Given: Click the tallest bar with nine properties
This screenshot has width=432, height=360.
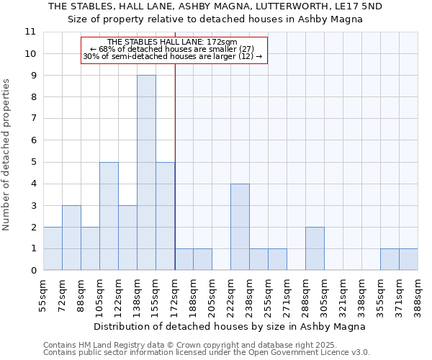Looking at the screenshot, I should (x=146, y=173).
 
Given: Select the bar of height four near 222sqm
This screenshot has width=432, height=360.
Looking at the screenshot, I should (x=240, y=227).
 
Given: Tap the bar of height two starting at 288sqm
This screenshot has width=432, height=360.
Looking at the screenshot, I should (x=315, y=248).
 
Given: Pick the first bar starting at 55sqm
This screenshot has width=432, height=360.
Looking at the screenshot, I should (x=53, y=248).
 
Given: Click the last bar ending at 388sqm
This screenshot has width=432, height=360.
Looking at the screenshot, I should (x=408, y=259).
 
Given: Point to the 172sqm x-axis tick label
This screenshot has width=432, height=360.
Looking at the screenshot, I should (x=175, y=294).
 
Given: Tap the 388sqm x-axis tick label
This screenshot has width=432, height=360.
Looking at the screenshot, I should (x=418, y=294).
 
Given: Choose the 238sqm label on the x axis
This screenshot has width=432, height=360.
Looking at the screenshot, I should (x=250, y=294).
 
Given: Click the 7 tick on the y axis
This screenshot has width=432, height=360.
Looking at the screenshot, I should (x=32, y=119).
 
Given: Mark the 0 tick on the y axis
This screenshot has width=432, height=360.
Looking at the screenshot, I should (x=32, y=271).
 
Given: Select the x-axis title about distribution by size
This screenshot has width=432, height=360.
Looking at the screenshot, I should (x=230, y=326).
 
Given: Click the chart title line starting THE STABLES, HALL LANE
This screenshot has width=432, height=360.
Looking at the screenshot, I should (x=215, y=6).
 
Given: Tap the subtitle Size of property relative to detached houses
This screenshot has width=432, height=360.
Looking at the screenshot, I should (x=215, y=19).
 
